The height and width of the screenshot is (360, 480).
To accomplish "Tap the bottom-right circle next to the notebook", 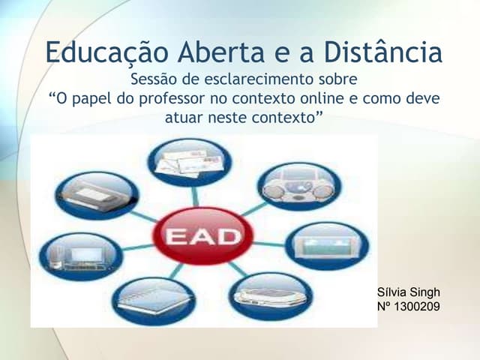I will (x=270, y=295).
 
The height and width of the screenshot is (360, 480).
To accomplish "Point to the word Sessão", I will (x=154, y=79).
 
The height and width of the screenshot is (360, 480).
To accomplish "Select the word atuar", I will (x=184, y=118).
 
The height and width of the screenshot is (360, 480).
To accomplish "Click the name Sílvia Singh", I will (x=409, y=292).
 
